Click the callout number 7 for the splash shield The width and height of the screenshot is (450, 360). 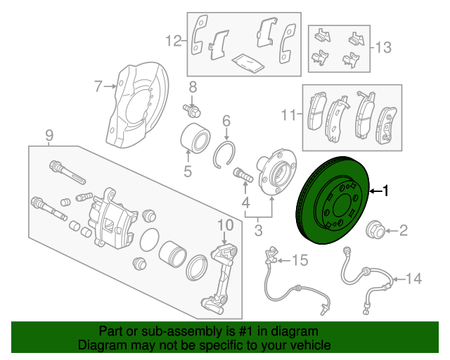pyautogui.click(x=98, y=87)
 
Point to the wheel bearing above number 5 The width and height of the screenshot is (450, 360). pyautogui.click(x=195, y=138)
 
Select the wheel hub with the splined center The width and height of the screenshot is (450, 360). pyautogui.click(x=276, y=173)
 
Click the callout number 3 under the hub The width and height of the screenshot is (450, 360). pyautogui.click(x=259, y=229)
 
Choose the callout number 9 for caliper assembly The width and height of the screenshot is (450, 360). pyautogui.click(x=49, y=134)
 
